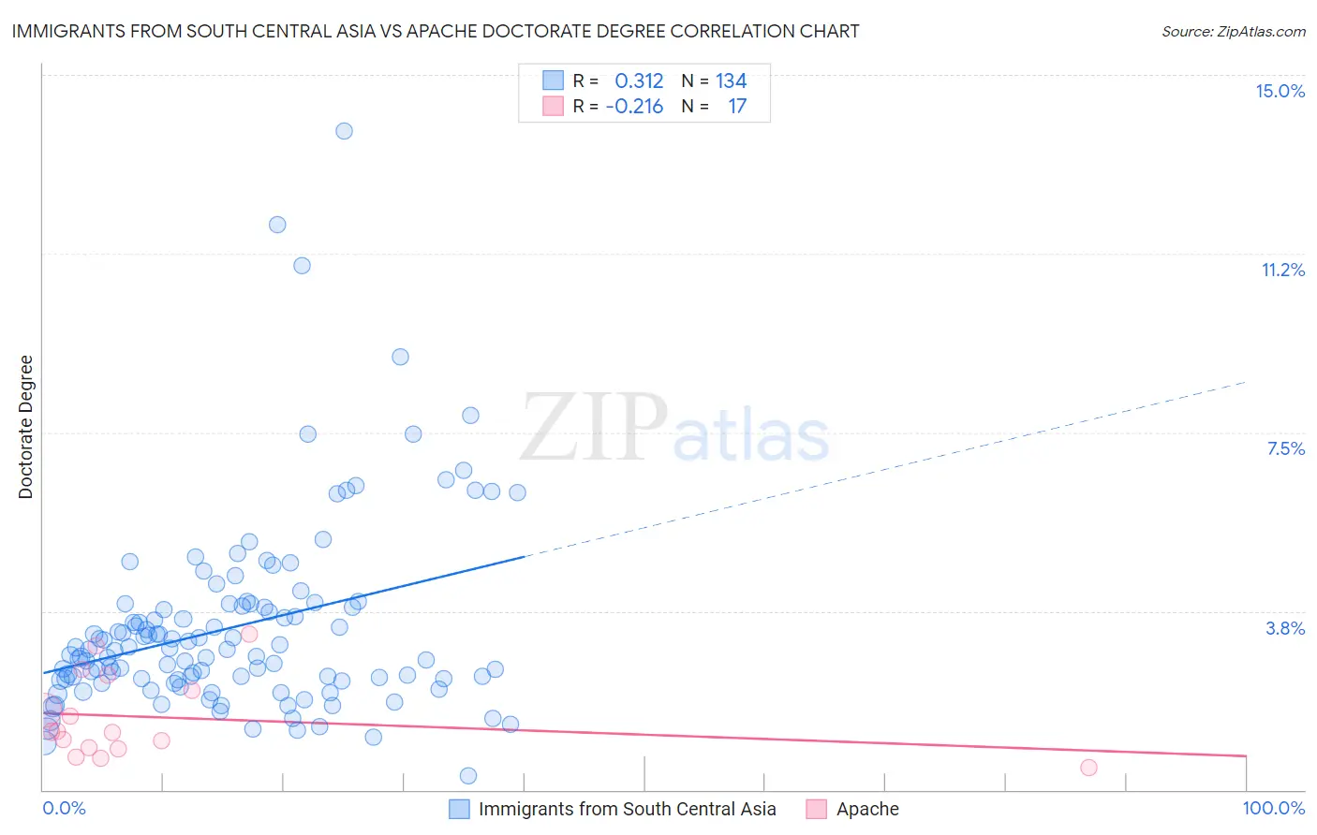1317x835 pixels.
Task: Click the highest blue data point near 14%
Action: coord(344,131)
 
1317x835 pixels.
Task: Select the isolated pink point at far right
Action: coord(1088,768)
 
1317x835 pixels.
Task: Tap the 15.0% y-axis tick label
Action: coord(1280,91)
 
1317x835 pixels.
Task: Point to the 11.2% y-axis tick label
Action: coord(1282,270)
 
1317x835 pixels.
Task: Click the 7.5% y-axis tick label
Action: coord(1285,448)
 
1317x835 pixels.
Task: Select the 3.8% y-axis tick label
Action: coord(1285,628)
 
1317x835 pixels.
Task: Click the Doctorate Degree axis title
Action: coord(25,427)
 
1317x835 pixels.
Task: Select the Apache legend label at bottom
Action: coord(867,810)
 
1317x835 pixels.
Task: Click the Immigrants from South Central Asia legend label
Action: coord(627,810)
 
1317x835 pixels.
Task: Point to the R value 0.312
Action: coord(639,81)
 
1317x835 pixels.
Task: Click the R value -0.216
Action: coord(634,107)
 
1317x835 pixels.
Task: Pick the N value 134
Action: coord(731,81)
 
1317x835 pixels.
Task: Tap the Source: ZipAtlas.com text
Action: coord(1233,32)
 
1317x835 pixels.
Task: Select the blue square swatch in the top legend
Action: coord(553,81)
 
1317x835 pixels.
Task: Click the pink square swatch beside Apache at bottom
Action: coord(817,810)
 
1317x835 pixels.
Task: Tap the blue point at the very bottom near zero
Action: coord(468,775)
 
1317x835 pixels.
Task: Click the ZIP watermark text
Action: coord(594,428)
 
